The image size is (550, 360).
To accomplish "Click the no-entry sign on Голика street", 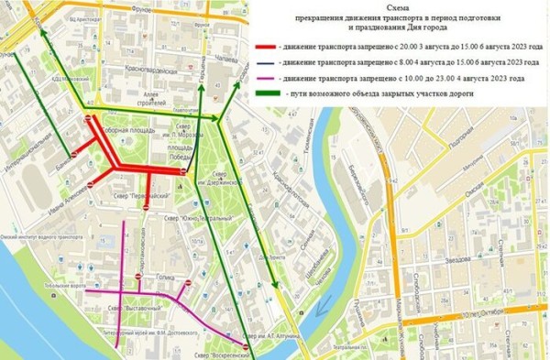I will pos(138,278).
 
